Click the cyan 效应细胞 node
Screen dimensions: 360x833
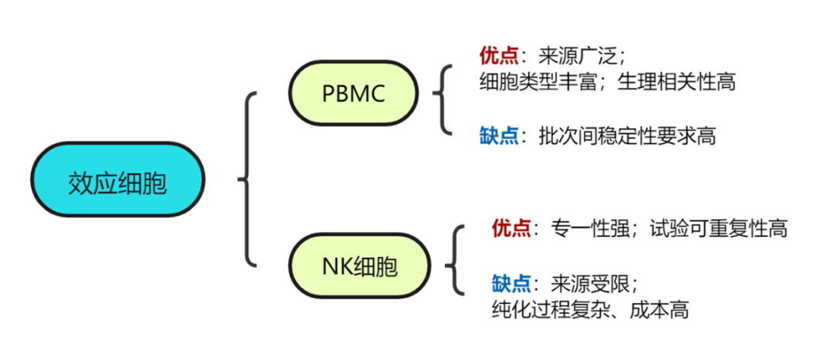(117, 179)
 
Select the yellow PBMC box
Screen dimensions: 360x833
(353, 93)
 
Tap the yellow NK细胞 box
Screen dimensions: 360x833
(359, 266)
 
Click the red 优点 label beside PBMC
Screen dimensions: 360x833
(499, 56)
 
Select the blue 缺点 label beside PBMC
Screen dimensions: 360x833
(499, 136)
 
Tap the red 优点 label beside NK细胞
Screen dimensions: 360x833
(511, 228)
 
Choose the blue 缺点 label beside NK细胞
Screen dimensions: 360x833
(511, 284)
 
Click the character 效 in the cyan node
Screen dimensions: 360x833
(80, 183)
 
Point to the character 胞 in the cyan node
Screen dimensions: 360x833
(154, 183)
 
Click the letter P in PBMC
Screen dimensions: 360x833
(328, 94)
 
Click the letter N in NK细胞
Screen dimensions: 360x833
(329, 267)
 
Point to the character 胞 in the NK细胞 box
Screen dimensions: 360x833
(387, 267)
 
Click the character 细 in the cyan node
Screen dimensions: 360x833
(130, 183)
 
